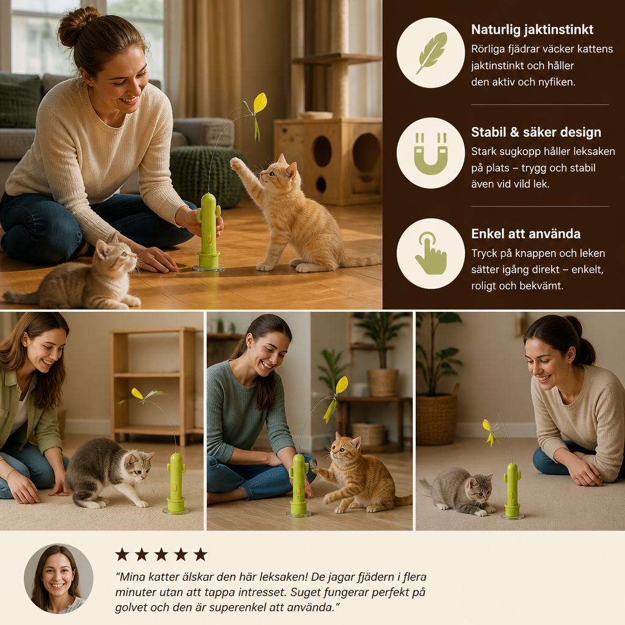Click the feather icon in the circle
[x=432, y=53]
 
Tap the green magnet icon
[x=430, y=154]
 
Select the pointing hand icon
[x=431, y=253]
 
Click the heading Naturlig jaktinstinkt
[x=532, y=29]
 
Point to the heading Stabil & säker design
[x=536, y=132]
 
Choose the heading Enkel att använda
[x=526, y=234]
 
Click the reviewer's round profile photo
[x=59, y=579]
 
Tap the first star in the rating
[x=122, y=554]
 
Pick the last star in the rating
[x=200, y=554]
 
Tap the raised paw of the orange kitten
[x=237, y=163]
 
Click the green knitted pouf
[x=208, y=176]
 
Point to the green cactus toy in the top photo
[x=209, y=231]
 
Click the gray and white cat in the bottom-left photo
[x=108, y=472]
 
